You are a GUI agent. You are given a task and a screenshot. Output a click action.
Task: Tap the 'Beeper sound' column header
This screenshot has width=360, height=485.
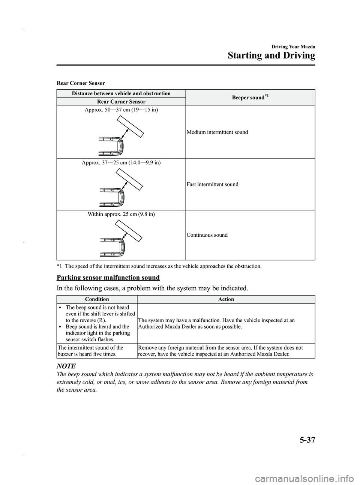250,98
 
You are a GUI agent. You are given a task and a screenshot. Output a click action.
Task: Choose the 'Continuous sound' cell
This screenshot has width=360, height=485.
207,235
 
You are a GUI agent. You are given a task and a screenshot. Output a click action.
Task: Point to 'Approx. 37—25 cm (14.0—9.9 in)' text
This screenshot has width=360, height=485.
121,162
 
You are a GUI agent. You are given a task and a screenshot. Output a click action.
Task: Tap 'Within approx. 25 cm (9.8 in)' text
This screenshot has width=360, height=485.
121,214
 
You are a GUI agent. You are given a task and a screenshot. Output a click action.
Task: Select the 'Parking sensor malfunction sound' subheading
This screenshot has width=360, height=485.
108,278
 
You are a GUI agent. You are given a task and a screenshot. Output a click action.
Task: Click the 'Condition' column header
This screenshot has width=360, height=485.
97,299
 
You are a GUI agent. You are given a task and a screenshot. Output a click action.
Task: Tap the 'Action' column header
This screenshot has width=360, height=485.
226,299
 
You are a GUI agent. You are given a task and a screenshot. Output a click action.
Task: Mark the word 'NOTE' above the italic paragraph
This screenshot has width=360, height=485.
65,366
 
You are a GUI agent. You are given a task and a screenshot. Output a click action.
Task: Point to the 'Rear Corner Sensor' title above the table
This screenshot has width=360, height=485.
81,83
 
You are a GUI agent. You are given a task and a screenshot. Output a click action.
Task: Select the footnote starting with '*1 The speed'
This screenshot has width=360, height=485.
159,266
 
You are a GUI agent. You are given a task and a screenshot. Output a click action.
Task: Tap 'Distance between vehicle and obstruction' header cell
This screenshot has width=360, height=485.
121,93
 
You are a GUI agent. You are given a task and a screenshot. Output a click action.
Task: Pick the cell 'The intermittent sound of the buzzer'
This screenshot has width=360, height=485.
97,351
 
